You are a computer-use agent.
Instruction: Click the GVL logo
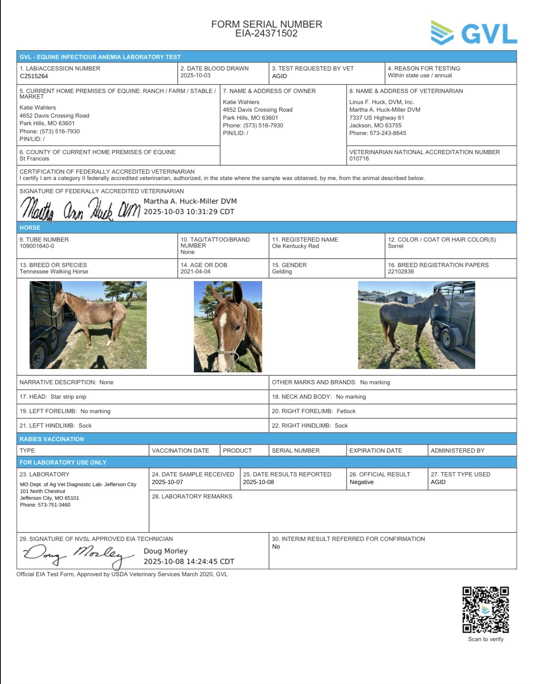(474, 33)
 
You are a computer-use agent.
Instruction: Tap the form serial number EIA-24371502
(266, 34)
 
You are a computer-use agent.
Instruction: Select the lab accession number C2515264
(34, 76)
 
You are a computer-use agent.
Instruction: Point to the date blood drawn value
(195, 76)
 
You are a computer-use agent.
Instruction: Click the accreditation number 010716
(359, 159)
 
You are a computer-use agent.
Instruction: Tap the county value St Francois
(34, 159)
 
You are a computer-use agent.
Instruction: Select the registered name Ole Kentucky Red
(295, 246)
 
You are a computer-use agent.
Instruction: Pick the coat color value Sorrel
(396, 246)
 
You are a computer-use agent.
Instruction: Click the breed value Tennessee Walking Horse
(54, 272)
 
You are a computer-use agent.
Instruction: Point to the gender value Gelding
(282, 272)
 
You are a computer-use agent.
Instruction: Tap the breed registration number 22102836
(401, 272)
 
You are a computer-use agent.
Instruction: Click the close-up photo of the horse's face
(228, 327)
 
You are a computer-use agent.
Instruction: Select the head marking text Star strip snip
(68, 397)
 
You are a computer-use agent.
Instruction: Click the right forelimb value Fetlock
(346, 411)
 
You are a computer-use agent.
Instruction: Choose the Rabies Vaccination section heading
(52, 439)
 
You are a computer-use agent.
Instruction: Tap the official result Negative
(362, 482)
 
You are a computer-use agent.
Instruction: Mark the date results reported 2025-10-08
(258, 482)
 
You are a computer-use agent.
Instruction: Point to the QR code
(485, 610)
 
